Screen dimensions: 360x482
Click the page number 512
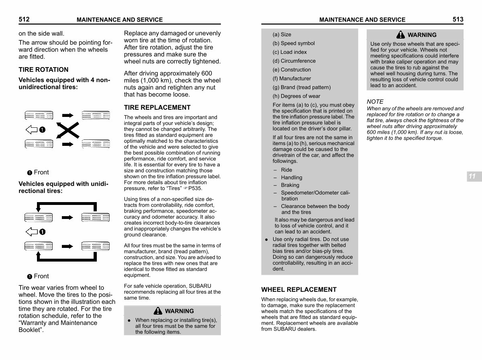coord(24,19)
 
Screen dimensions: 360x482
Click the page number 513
coord(457,19)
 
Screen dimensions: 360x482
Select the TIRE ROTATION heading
coord(43,70)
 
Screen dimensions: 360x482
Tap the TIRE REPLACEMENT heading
coord(157,107)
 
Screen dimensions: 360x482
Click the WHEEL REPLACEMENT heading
coord(299,289)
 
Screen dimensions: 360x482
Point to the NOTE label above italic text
coord(375,102)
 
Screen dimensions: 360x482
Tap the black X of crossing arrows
coord(68,129)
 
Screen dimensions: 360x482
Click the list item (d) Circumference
coord(294,61)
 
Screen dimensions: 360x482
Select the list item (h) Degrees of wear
coord(296,96)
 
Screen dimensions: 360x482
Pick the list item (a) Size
coord(282,35)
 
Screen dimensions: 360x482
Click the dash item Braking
coord(290,185)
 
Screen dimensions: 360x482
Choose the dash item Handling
coord(292,178)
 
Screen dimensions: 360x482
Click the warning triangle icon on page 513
coord(400,35)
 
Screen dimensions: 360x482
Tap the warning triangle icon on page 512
coord(158,311)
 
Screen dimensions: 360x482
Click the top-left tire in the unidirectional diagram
coord(39,217)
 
